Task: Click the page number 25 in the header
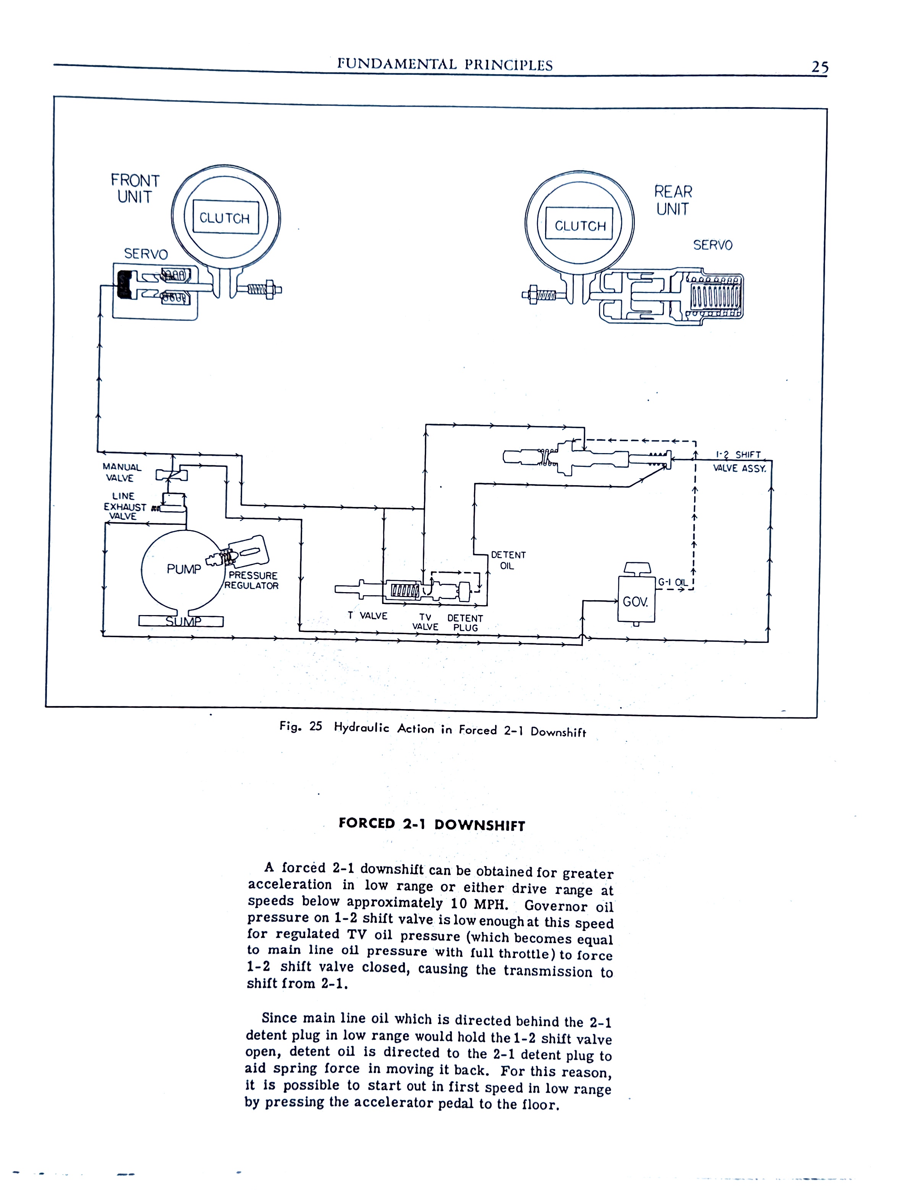pos(819,67)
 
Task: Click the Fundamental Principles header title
pos(444,65)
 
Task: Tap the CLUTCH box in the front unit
pos(225,218)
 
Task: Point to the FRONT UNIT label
pos(135,188)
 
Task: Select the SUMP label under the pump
pos(183,622)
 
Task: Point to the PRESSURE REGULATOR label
pos(252,580)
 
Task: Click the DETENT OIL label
pos(508,560)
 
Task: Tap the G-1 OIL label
pos(673,582)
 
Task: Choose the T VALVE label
pos(367,615)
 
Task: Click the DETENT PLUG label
pos(465,623)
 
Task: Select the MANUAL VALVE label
pos(121,472)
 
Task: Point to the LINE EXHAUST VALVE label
pos(124,506)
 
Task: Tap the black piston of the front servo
pos(124,285)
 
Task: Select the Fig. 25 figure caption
pos(432,729)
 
